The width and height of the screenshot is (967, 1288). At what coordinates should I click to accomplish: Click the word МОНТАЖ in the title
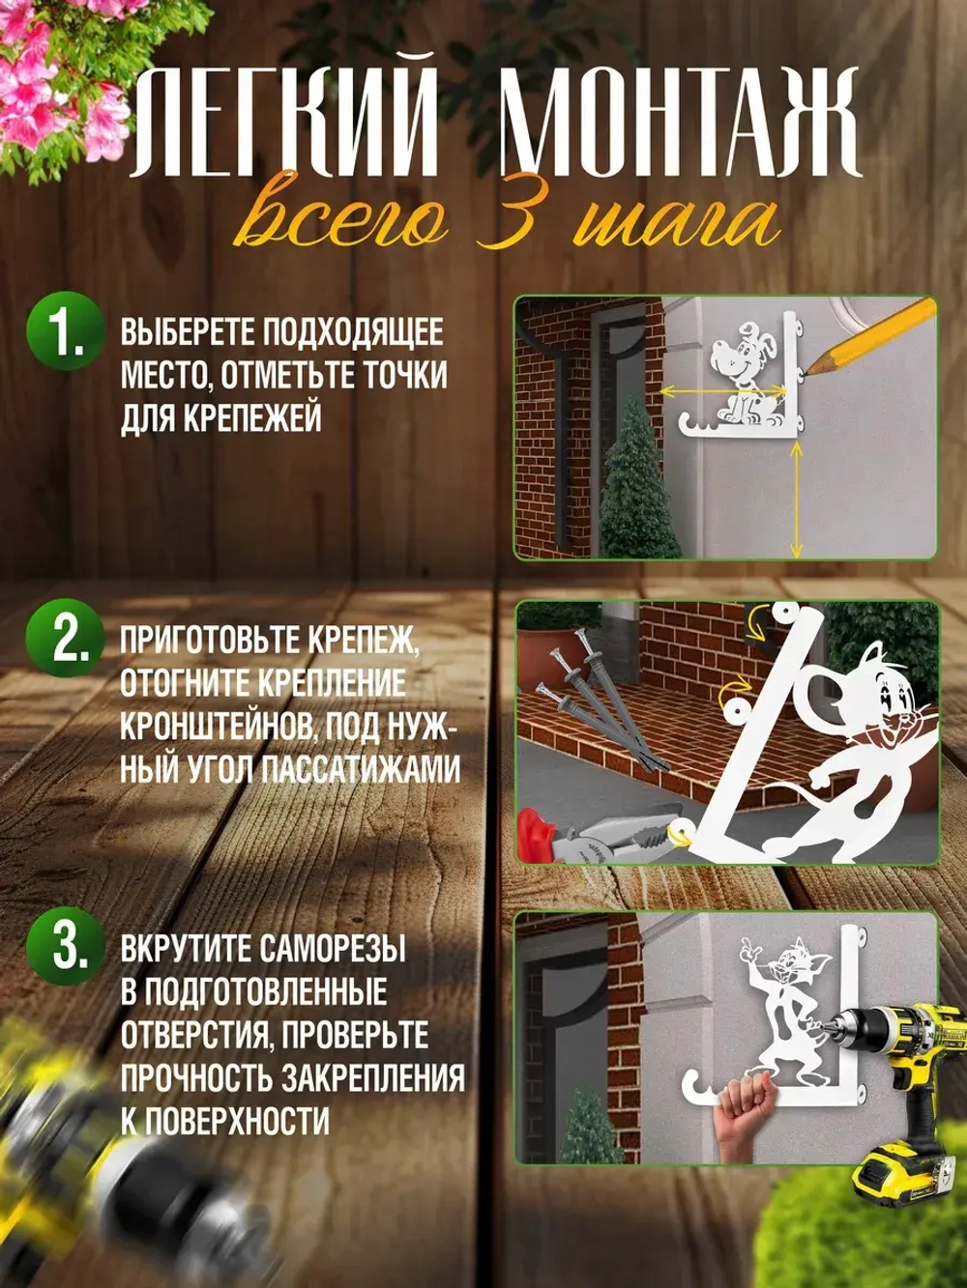point(677,124)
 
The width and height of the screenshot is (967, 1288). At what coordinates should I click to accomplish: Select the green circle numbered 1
point(66,333)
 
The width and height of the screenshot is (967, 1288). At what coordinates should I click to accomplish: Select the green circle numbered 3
point(66,944)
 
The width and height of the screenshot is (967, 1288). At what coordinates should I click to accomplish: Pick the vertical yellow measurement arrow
point(795,502)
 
